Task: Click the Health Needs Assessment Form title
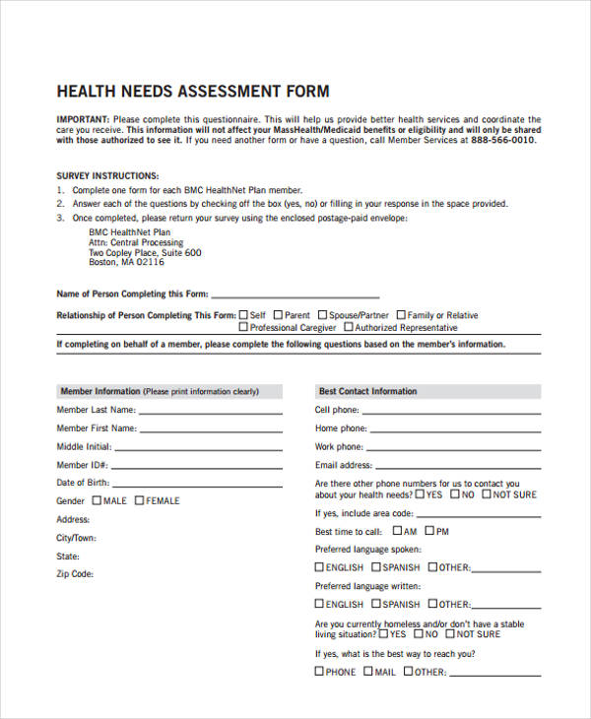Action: pos(193,91)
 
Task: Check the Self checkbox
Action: pos(244,315)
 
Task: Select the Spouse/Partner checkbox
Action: pos(322,315)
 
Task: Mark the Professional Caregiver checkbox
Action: pos(243,327)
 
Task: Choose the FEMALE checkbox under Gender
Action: pos(140,500)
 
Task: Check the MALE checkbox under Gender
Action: pos(97,500)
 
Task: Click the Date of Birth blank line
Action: pos(198,486)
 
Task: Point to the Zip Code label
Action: pos(75,573)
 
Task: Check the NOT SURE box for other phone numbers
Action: pos(485,494)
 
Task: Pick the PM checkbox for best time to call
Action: pos(427,531)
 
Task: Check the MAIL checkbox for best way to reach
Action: pos(367,672)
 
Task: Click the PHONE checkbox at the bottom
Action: pos(319,672)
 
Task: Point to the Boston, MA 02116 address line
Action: pos(126,263)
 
